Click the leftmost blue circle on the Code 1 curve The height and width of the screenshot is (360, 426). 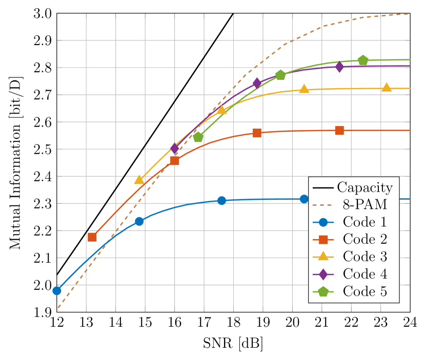point(57,290)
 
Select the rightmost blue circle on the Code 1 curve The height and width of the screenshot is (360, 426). point(304,199)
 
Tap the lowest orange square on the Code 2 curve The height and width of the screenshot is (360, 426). point(92,237)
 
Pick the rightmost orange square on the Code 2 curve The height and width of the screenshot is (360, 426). point(339,131)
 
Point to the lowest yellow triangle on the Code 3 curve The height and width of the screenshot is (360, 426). point(139,179)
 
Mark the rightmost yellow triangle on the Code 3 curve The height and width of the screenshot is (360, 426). point(387,88)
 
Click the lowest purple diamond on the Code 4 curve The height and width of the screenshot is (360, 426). point(174,149)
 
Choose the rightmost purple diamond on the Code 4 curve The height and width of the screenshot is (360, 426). point(339,67)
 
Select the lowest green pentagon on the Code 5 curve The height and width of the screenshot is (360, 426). point(198,137)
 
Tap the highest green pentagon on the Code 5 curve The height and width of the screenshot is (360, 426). point(363,60)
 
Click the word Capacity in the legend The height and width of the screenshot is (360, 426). point(365,187)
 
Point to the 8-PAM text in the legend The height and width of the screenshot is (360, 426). point(364,205)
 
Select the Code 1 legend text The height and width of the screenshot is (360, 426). point(364,222)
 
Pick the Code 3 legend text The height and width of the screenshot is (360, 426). point(364,257)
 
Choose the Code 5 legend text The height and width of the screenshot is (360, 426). point(364,291)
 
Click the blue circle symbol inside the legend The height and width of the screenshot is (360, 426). point(323,222)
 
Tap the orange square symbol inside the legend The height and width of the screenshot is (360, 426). point(323,240)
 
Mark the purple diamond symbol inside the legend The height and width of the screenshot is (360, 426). point(323,274)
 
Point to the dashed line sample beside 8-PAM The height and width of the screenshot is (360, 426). point(323,205)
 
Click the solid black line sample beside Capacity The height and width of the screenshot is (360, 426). point(323,187)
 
